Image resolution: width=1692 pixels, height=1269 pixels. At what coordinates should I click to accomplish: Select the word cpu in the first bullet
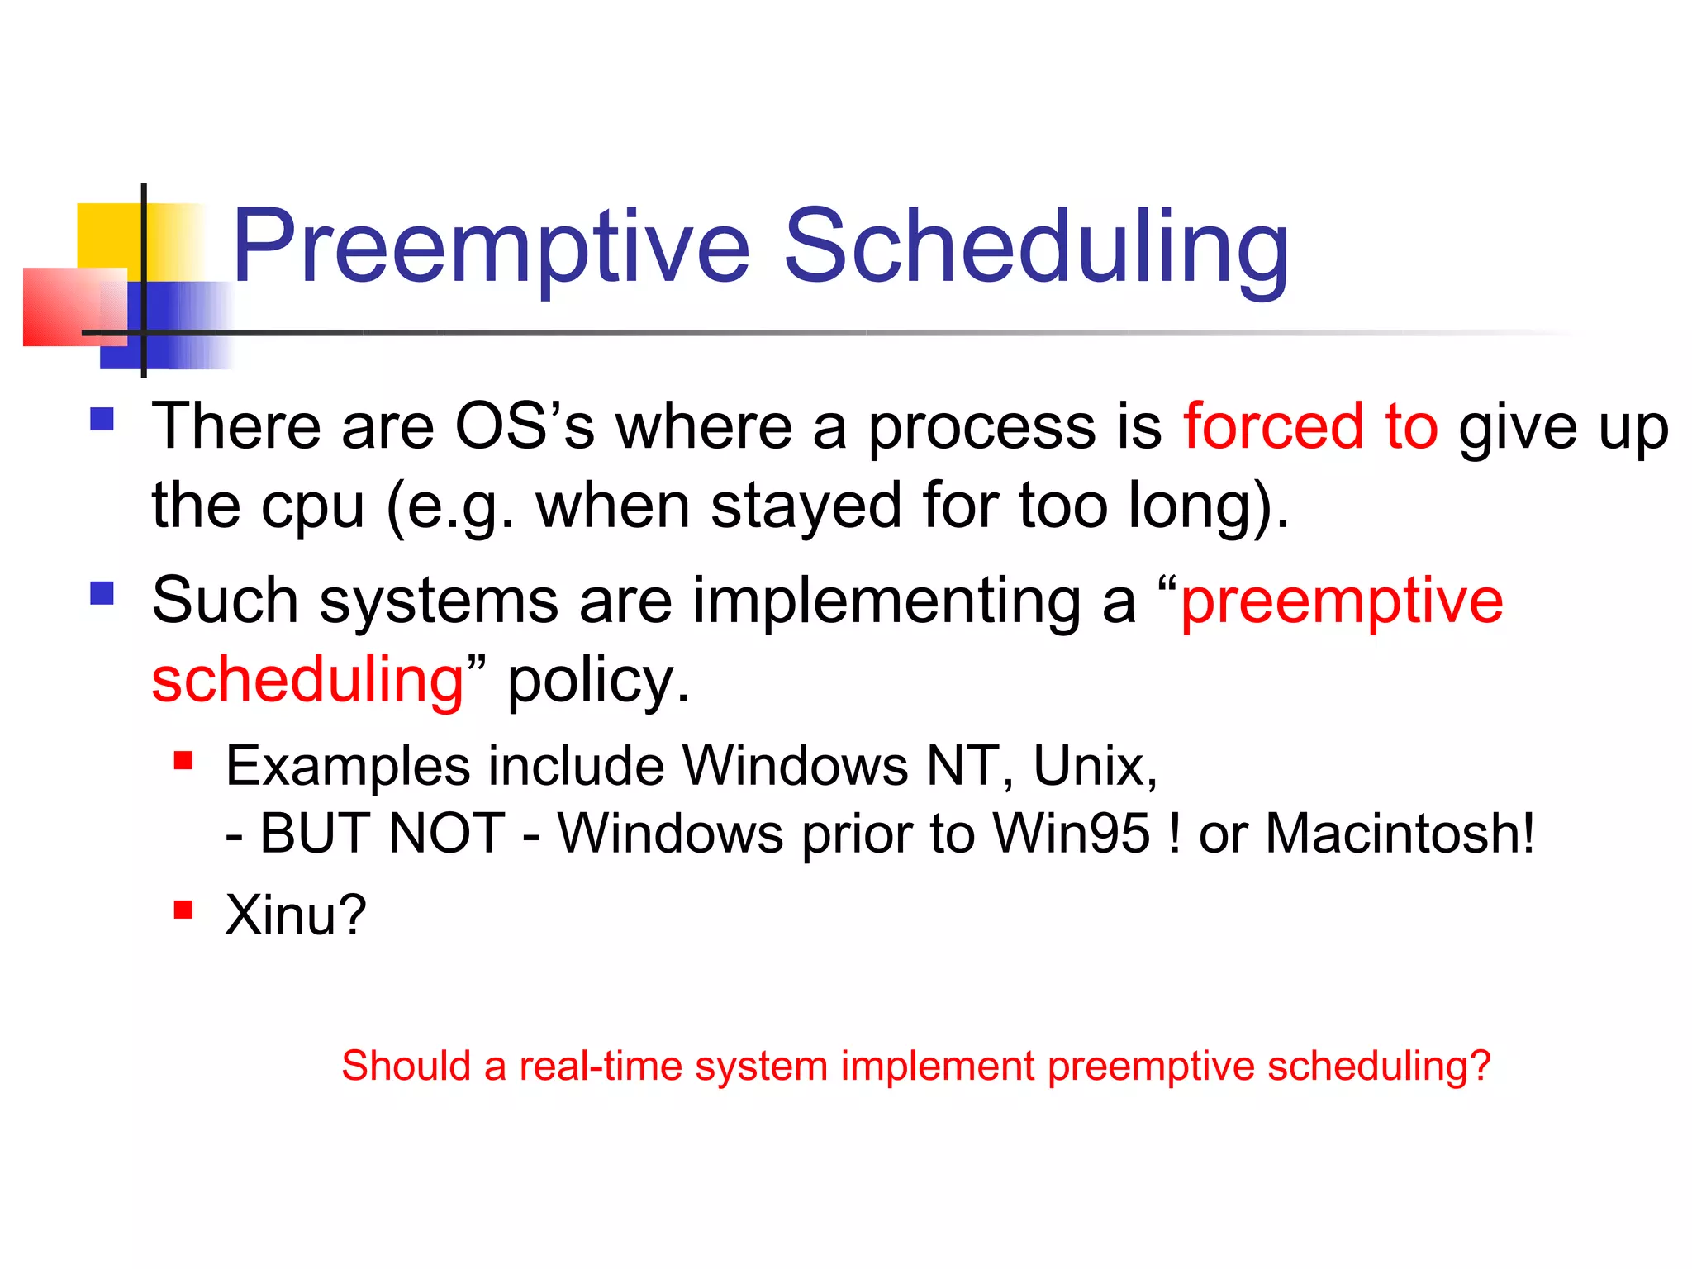pyautogui.click(x=311, y=506)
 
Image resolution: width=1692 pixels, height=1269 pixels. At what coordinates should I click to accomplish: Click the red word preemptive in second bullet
pyautogui.click(x=1342, y=601)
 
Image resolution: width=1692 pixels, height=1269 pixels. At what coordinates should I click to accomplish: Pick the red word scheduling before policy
pyautogui.click(x=308, y=680)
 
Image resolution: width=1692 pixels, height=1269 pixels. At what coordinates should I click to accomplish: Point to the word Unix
pyautogui.click(x=1094, y=766)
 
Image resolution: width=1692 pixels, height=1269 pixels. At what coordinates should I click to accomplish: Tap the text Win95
pyautogui.click(x=1071, y=833)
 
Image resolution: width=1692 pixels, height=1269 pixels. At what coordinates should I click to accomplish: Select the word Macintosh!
pyautogui.click(x=1400, y=833)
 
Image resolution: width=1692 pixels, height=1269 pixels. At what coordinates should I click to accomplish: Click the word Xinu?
pyautogui.click(x=295, y=915)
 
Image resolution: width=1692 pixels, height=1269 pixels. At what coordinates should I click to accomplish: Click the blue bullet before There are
pyautogui.click(x=102, y=419)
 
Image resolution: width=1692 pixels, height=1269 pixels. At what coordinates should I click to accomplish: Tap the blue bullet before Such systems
pyautogui.click(x=102, y=593)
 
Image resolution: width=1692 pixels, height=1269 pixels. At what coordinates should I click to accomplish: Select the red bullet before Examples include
pyautogui.click(x=183, y=760)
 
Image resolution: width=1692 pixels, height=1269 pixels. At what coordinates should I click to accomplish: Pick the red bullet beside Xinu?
pyautogui.click(x=183, y=910)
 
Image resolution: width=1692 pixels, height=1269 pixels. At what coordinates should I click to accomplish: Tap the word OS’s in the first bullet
pyautogui.click(x=524, y=426)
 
